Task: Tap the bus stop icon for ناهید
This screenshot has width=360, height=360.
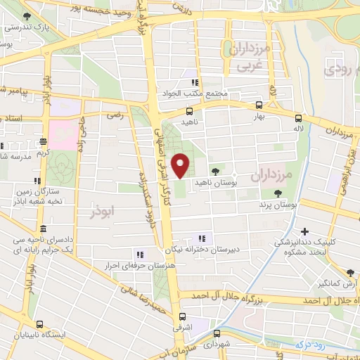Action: tap(188, 110)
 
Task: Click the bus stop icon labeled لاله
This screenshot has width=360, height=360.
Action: tap(299, 118)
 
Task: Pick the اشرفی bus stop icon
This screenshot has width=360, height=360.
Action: tap(182, 316)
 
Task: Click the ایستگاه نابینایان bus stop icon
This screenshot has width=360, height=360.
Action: tap(39, 325)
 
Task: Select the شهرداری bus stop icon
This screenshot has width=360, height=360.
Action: tap(213, 335)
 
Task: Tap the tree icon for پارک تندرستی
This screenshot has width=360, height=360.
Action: tap(27, 16)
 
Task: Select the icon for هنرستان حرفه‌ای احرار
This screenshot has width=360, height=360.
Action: tap(140, 254)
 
